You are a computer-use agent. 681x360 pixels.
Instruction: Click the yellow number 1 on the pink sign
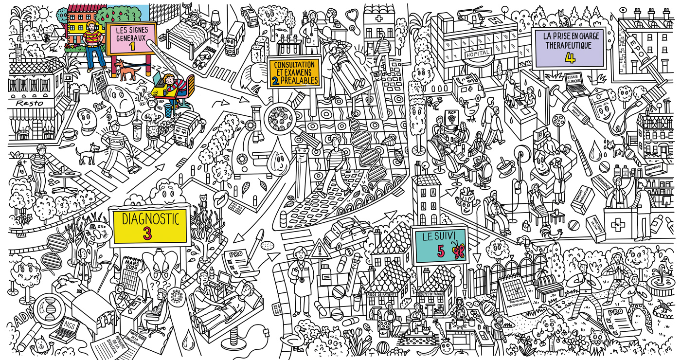coord(131,46)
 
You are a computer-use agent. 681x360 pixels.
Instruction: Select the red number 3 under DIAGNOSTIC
coord(147,233)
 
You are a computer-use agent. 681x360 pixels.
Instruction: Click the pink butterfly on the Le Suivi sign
coord(456,252)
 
